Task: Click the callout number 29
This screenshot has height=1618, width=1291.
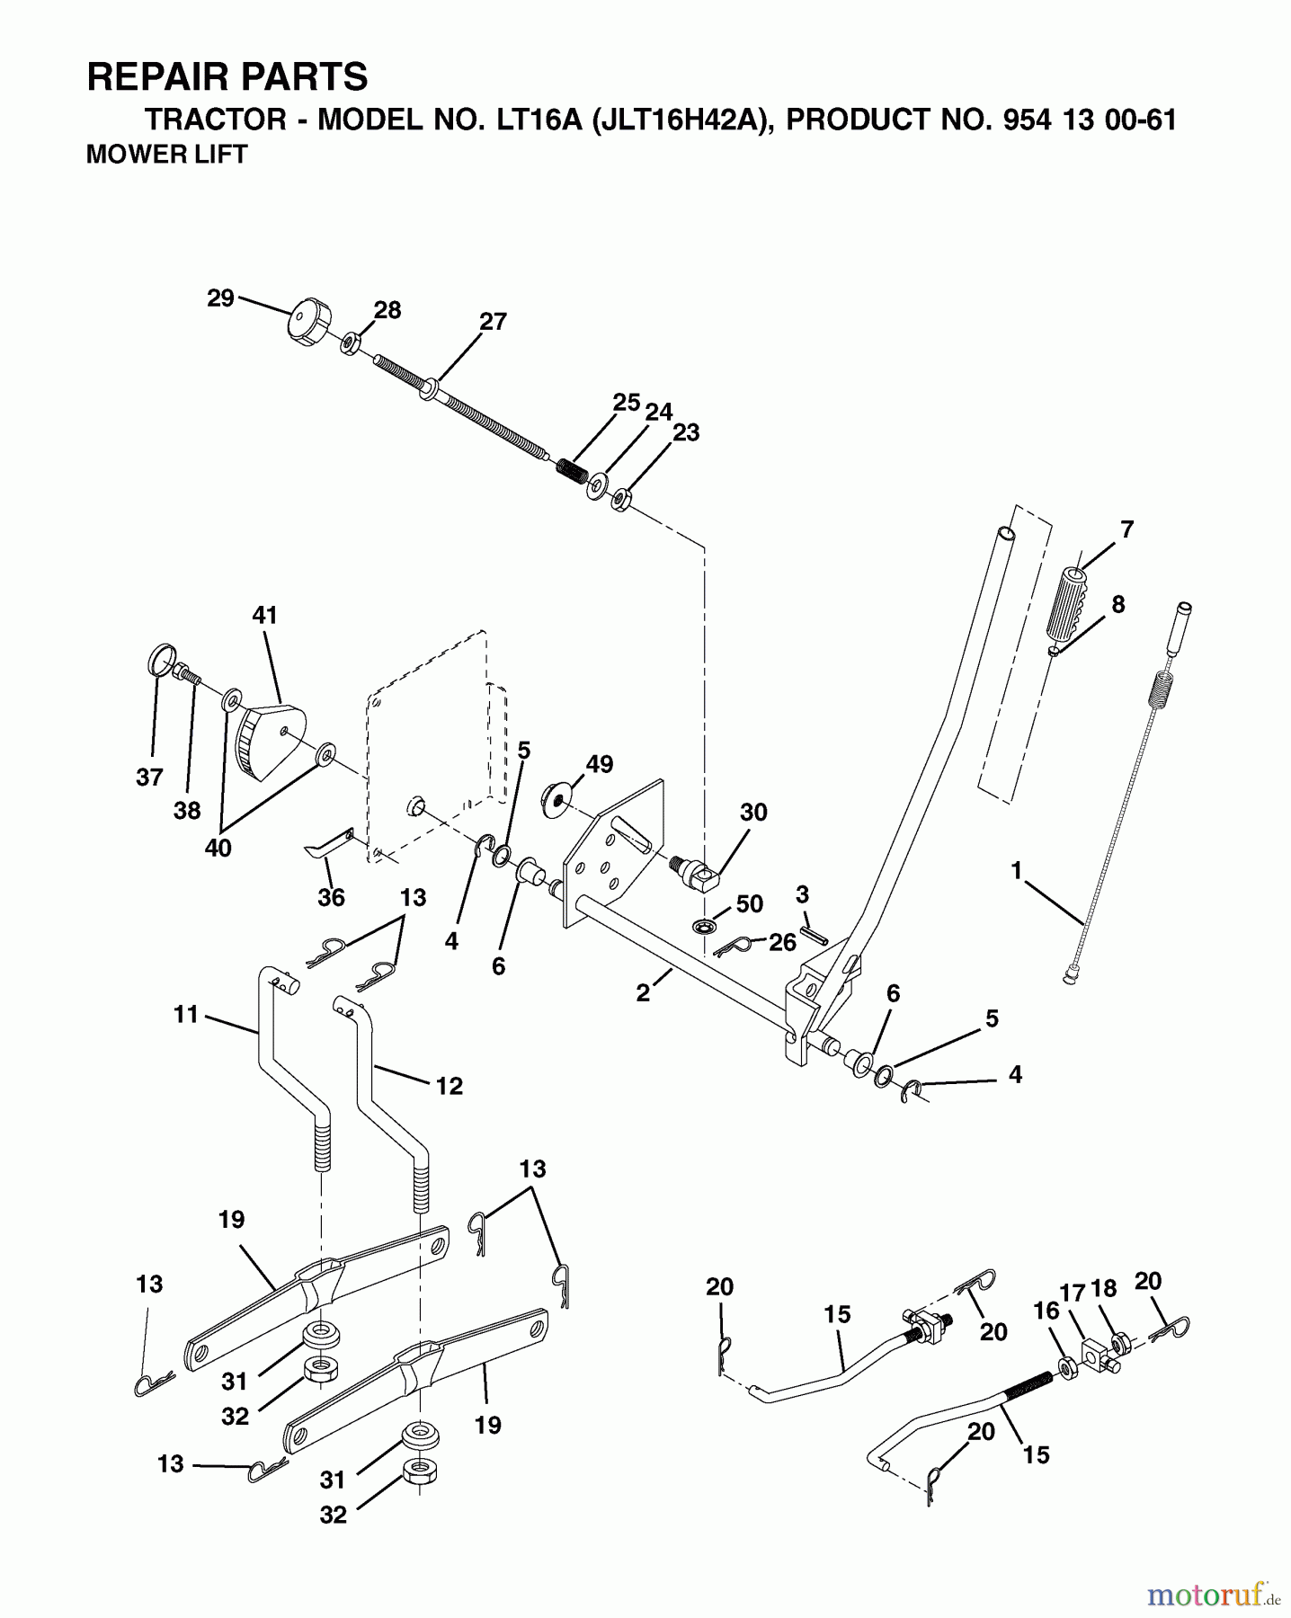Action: (220, 298)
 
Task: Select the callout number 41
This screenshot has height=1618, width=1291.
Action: (264, 616)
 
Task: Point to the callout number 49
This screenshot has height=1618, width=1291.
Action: (600, 764)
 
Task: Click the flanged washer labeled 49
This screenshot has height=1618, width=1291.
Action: (558, 799)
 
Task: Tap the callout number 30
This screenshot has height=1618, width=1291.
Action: (753, 813)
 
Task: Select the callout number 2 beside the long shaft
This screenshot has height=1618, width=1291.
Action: (643, 994)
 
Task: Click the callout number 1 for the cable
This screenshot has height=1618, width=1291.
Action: (1016, 870)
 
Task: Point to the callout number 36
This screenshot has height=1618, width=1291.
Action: (332, 897)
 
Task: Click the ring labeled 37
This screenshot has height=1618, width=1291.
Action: (159, 662)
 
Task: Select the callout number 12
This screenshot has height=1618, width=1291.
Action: (449, 1086)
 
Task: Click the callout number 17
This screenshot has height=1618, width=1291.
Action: (1073, 1293)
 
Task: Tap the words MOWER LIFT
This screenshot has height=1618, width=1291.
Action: (166, 155)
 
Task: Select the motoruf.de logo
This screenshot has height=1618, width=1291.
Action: (1213, 1595)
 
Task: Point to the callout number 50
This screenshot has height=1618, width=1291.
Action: (750, 904)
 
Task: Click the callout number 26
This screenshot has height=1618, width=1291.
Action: (782, 942)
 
